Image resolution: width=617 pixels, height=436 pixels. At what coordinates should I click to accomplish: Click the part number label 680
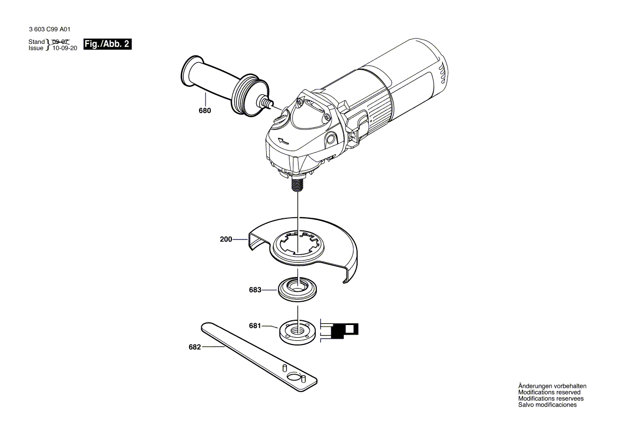tap(204, 111)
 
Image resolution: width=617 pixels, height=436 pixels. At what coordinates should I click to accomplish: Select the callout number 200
tap(226, 239)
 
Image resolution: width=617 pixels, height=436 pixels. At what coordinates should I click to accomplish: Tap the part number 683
tap(255, 290)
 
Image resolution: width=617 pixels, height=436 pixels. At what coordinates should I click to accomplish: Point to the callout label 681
tap(255, 326)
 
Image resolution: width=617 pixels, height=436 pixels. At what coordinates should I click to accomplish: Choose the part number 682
tap(195, 347)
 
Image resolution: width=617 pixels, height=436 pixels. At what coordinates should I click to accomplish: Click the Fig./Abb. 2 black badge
tap(107, 44)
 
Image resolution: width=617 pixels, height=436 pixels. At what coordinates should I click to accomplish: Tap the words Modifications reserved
tap(549, 393)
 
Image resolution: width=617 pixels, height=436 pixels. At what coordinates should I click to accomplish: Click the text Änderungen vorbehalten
tap(552, 386)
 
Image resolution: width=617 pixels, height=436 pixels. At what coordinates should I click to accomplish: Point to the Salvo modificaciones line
tap(547, 405)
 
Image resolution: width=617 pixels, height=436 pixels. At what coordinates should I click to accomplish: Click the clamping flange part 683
tap(298, 290)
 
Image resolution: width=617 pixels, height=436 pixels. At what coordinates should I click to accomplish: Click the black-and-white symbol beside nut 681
tap(341, 330)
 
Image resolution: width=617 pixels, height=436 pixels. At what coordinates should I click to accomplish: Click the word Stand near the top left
tap(36, 42)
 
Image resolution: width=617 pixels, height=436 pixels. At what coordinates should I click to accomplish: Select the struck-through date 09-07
tap(61, 41)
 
